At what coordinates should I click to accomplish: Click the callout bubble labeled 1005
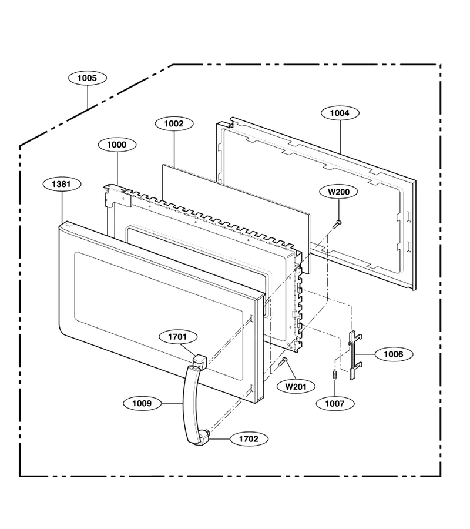(x=88, y=78)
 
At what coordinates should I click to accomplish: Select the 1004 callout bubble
(x=340, y=113)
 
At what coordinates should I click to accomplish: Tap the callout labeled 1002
(x=174, y=123)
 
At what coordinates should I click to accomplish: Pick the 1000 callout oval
(x=117, y=145)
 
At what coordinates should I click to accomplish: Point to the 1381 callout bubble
(x=62, y=184)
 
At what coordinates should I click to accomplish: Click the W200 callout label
(x=339, y=192)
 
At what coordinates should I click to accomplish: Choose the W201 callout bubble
(x=296, y=386)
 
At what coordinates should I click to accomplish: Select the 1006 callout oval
(x=394, y=354)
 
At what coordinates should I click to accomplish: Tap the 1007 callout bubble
(x=335, y=403)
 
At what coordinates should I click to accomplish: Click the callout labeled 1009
(x=142, y=403)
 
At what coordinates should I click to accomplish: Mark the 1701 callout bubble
(x=177, y=336)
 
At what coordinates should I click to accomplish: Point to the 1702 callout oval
(x=249, y=438)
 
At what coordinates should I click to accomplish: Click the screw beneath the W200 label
(x=337, y=224)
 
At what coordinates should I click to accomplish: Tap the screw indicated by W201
(x=283, y=362)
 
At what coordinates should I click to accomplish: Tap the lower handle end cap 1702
(x=204, y=437)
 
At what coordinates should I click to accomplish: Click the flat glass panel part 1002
(x=236, y=219)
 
